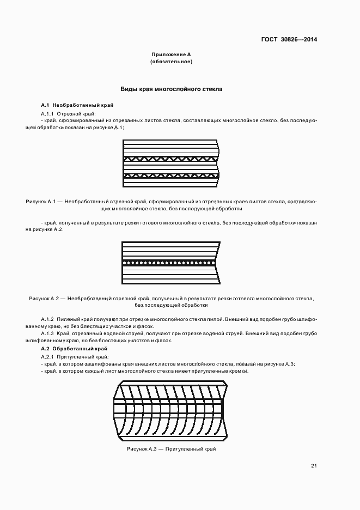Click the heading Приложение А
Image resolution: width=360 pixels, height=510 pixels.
click(x=171, y=54)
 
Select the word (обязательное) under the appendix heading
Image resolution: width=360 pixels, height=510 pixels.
click(x=171, y=62)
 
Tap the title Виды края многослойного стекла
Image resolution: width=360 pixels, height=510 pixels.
click(x=172, y=88)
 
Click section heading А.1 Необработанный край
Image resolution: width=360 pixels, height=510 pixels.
click(x=77, y=105)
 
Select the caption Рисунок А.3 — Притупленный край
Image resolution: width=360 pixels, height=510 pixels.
click(x=171, y=448)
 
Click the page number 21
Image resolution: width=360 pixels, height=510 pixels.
click(x=314, y=465)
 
